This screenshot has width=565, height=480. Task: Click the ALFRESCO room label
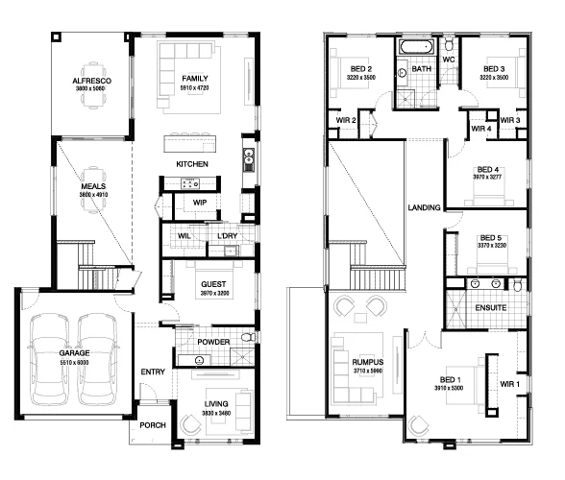pyautogui.click(x=92, y=81)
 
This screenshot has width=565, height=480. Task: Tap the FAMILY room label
pyautogui.click(x=195, y=79)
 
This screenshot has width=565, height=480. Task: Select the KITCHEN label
pyautogui.click(x=192, y=164)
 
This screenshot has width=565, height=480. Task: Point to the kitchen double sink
pyautogui.click(x=249, y=160)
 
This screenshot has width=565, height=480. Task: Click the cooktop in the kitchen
pyautogui.click(x=190, y=183)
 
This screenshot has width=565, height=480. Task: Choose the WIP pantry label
pyautogui.click(x=200, y=203)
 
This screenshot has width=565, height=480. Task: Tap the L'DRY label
pyautogui.click(x=228, y=236)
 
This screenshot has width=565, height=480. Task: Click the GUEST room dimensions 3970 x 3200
pyautogui.click(x=215, y=293)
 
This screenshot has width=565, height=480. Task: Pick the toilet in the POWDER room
pyautogui.click(x=248, y=337)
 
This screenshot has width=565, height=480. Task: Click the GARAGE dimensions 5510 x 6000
pyautogui.click(x=74, y=362)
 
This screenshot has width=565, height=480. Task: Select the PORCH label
pyautogui.click(x=153, y=425)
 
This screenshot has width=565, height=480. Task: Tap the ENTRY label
pyautogui.click(x=153, y=372)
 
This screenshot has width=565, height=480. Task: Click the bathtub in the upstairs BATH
pyautogui.click(x=416, y=47)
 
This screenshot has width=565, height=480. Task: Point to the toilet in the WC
pyautogui.click(x=449, y=45)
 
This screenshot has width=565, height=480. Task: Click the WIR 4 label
pyautogui.click(x=481, y=129)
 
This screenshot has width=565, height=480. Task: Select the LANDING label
pyautogui.click(x=424, y=207)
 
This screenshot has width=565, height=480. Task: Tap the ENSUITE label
pyautogui.click(x=491, y=308)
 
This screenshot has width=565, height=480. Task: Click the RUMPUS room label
pyautogui.click(x=367, y=362)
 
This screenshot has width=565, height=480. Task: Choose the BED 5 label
pyautogui.click(x=491, y=238)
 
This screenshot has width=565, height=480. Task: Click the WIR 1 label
pyautogui.click(x=510, y=384)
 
